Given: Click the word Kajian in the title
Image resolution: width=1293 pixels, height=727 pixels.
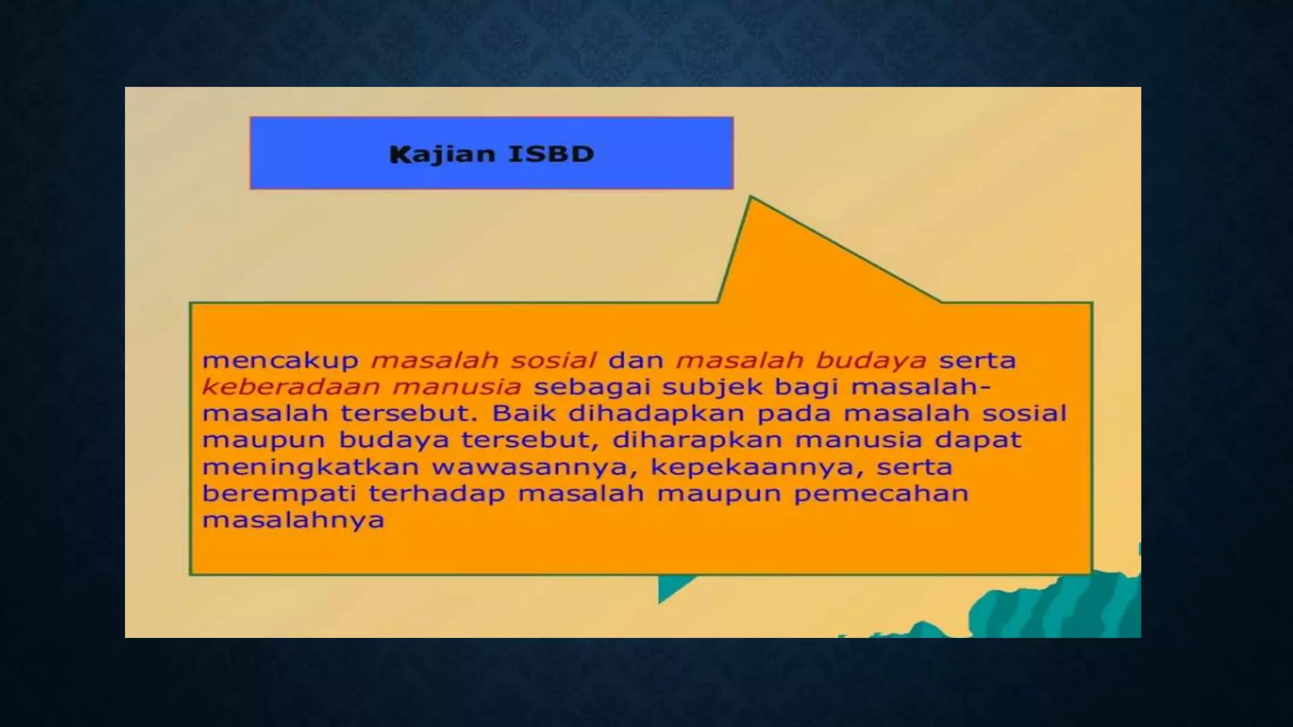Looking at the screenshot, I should [442, 155].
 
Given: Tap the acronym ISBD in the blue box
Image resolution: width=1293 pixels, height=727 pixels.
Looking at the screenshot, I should [551, 155].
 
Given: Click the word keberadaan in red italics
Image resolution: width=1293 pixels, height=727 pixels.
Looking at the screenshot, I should [290, 386].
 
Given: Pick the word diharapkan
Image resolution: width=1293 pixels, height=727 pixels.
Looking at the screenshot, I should [697, 440].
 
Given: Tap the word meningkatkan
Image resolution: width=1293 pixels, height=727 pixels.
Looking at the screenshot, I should [311, 468].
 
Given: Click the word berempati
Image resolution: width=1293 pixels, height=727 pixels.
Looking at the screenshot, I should [278, 494].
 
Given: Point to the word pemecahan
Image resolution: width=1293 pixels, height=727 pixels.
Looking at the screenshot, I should [881, 494].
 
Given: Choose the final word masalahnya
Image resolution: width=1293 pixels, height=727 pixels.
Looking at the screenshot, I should [293, 521].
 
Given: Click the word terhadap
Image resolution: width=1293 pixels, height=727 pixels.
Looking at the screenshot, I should [437, 494].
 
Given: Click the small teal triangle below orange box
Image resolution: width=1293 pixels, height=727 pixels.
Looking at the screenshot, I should [670, 588].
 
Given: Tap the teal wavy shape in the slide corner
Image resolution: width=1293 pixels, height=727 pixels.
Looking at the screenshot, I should [1061, 606].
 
